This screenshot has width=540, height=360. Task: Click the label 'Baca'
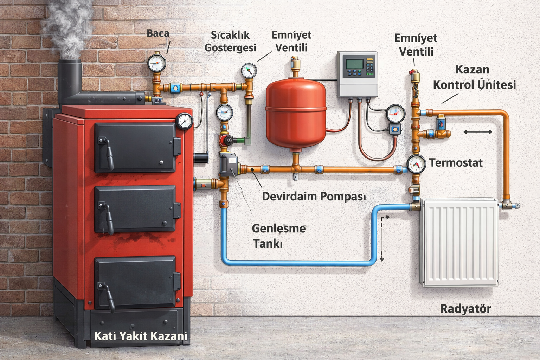[x=158, y=33]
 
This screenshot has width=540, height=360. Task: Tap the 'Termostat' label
[x=456, y=163]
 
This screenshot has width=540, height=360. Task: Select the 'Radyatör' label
[x=465, y=309]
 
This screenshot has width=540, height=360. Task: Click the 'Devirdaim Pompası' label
[x=314, y=196]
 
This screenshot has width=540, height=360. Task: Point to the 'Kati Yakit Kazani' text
[x=141, y=336]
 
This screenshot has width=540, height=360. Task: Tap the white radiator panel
[x=459, y=241]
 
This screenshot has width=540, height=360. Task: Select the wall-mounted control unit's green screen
[x=354, y=64]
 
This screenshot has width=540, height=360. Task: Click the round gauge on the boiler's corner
[x=185, y=121]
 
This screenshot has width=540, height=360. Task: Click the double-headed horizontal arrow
[x=478, y=132]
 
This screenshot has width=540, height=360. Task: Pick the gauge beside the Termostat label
[x=416, y=164]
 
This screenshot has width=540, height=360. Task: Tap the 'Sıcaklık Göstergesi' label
[x=230, y=41]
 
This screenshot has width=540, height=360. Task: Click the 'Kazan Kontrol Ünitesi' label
[x=474, y=77]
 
